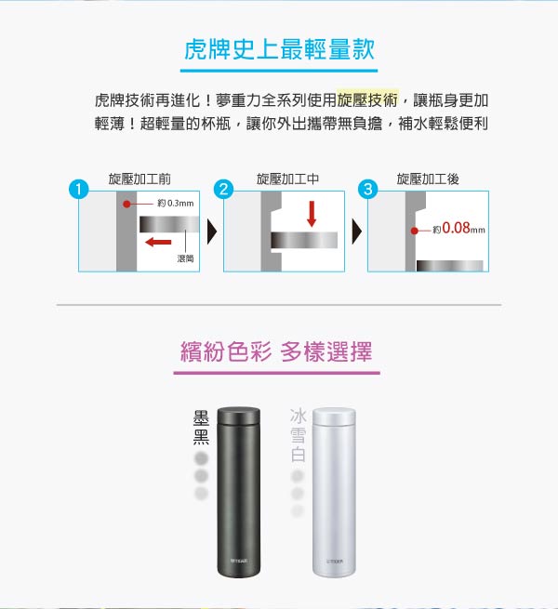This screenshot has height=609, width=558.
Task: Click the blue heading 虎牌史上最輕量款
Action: click(x=279, y=49)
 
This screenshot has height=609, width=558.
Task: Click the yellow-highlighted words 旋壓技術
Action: click(x=367, y=100)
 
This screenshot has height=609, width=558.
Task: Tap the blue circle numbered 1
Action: click(x=79, y=189)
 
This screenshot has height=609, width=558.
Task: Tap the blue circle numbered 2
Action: click(x=223, y=189)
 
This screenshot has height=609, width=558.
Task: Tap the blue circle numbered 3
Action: click(x=368, y=189)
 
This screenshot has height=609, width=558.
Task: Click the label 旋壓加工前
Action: click(x=139, y=179)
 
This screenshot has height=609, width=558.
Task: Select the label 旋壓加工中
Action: click(x=287, y=179)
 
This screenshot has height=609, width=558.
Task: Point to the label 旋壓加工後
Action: click(x=428, y=179)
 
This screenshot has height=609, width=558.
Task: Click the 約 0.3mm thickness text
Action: click(x=175, y=203)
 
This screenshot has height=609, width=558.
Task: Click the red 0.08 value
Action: click(x=457, y=228)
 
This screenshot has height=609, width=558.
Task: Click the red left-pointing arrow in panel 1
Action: click(x=158, y=242)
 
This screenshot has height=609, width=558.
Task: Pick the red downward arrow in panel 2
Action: click(x=312, y=214)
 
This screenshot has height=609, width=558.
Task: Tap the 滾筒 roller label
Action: click(x=185, y=258)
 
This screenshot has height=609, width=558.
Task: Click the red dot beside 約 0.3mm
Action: click(x=126, y=204)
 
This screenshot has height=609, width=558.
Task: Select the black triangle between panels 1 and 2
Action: click(x=212, y=232)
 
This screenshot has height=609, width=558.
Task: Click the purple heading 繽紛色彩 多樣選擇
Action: click(x=276, y=351)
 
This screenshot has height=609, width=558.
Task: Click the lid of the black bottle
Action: click(x=239, y=417)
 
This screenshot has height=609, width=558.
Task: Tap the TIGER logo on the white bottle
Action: click(x=334, y=562)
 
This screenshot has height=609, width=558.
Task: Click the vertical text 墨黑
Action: click(x=201, y=428)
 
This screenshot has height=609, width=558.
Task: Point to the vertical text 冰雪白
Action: click(x=298, y=435)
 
